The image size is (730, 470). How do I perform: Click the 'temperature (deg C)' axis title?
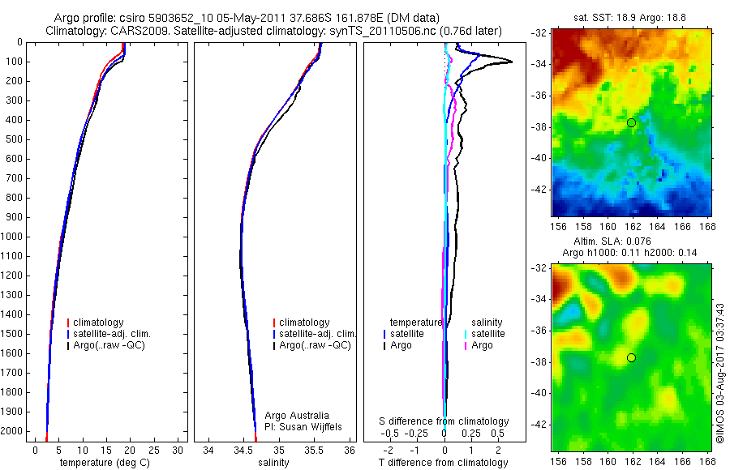(101, 463)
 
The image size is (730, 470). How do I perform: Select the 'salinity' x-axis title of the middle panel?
(273, 463)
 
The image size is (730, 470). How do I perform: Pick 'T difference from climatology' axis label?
(444, 463)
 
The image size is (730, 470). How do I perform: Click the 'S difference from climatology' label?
(444, 421)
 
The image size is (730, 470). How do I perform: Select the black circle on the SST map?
(631, 122)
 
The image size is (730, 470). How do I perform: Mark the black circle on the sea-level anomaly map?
(631, 357)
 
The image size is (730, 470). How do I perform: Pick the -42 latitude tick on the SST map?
(539, 189)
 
